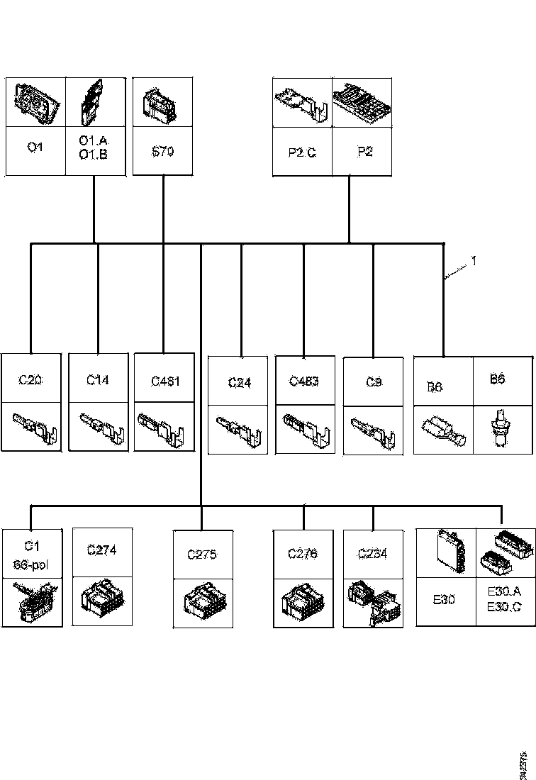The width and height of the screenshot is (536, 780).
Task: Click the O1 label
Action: [x=35, y=148]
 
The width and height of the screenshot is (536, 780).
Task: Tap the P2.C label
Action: [x=303, y=151]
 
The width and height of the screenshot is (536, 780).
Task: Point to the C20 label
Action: [x=31, y=380]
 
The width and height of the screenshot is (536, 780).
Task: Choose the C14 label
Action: [x=98, y=380]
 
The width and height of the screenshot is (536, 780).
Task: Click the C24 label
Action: [x=240, y=383]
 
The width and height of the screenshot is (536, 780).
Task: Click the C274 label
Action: [x=101, y=549]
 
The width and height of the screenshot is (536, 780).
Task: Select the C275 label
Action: [x=202, y=555]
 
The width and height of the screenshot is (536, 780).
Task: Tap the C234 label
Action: [x=373, y=553]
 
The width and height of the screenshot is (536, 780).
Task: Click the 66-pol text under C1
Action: [x=30, y=564]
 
